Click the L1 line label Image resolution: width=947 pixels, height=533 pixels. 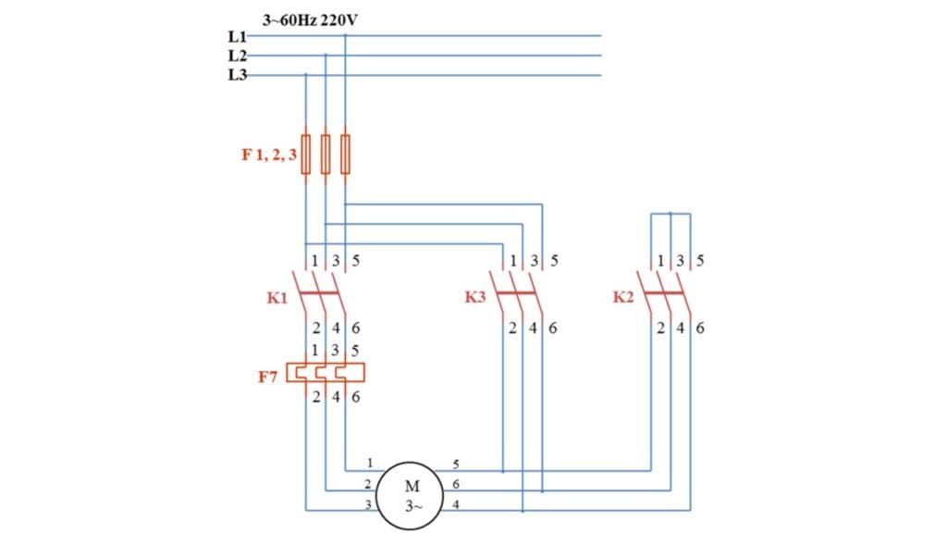(238, 36)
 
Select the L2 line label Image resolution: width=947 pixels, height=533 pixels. (238, 56)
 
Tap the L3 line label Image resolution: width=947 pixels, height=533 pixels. (238, 75)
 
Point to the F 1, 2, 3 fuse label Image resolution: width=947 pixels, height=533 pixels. (269, 155)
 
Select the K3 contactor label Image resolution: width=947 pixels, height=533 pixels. (475, 297)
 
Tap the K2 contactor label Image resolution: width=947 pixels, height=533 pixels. (622, 297)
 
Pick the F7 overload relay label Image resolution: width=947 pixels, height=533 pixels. (267, 378)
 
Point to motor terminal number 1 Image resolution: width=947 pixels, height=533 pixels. (369, 463)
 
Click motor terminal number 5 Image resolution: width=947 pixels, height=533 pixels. (455, 463)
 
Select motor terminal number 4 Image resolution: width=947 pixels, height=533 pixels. (455, 504)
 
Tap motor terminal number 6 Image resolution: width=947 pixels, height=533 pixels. (455, 484)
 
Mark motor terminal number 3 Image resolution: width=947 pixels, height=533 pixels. (369, 504)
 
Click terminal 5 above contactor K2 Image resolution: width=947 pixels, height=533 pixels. (699, 261)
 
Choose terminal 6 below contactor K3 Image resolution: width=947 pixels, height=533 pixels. (553, 328)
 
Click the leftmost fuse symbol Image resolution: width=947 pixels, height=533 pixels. (306, 155)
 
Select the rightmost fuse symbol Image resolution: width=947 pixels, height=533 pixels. (345, 155)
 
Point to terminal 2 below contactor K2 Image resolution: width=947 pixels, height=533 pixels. (660, 328)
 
